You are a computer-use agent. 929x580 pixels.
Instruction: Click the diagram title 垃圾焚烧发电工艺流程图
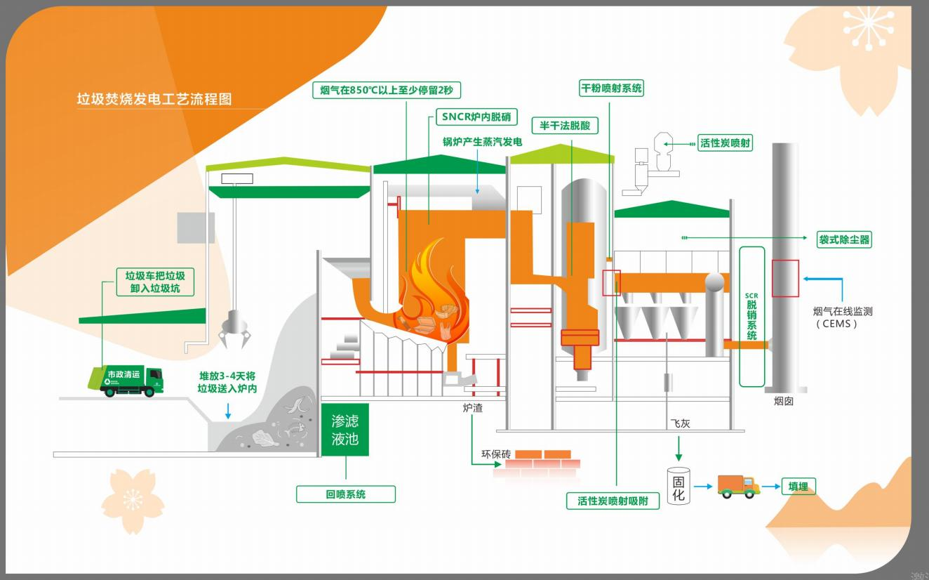point(154,99)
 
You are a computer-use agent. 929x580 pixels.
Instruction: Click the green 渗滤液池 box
point(345,430)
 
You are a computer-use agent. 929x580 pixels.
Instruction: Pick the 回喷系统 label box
point(345,494)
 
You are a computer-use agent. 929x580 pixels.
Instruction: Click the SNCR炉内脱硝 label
point(476,117)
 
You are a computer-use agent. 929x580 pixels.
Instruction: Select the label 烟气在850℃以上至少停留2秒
point(386,90)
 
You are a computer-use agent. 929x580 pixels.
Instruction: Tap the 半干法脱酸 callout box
point(565,126)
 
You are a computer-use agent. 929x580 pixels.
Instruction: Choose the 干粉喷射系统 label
point(610,88)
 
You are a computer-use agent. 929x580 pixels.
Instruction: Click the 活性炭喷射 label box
point(725,143)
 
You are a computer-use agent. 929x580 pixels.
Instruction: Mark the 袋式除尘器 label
point(844,239)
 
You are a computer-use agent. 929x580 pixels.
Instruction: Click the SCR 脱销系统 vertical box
point(751,316)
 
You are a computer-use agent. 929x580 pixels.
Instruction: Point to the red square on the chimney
point(785,278)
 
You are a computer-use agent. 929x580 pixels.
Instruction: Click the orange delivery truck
point(738,486)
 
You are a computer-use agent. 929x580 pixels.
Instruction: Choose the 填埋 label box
point(798,486)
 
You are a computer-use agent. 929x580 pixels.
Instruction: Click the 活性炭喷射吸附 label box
point(613,501)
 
